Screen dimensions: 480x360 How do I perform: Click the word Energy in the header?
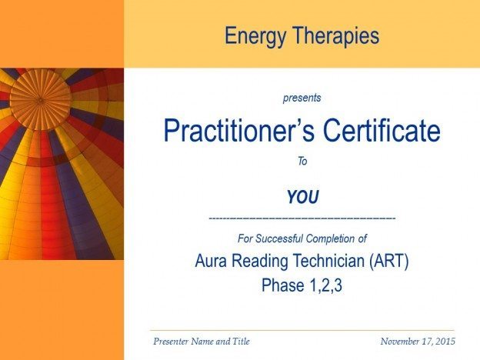pyautogui.click(x=255, y=36)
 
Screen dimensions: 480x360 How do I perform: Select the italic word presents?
pyautogui.click(x=302, y=98)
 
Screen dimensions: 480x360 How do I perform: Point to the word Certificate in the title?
pyautogui.click(x=382, y=130)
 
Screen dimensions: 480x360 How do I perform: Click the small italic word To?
pyautogui.click(x=302, y=161)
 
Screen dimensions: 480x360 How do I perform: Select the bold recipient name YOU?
pyautogui.click(x=303, y=197)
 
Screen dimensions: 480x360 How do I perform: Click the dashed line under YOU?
pyautogui.click(x=302, y=218)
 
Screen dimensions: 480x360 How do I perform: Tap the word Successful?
pyautogui.click(x=279, y=238)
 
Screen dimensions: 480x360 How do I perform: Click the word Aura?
pyautogui.click(x=211, y=261)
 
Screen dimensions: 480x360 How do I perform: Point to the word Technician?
pyautogui.click(x=328, y=261)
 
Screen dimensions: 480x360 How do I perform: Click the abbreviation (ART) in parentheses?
pyautogui.click(x=388, y=261)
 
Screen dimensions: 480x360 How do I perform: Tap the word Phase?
pyautogui.click(x=283, y=285)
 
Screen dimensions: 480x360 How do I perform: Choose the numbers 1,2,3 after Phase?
pyautogui.click(x=325, y=285)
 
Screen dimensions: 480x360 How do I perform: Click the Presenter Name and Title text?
pyautogui.click(x=202, y=342)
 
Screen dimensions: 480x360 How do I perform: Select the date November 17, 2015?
pyautogui.click(x=418, y=342)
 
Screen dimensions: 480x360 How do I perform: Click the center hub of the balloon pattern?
pyautogui.click(x=40, y=99)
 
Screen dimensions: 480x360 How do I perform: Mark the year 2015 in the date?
pyautogui.click(x=445, y=342)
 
